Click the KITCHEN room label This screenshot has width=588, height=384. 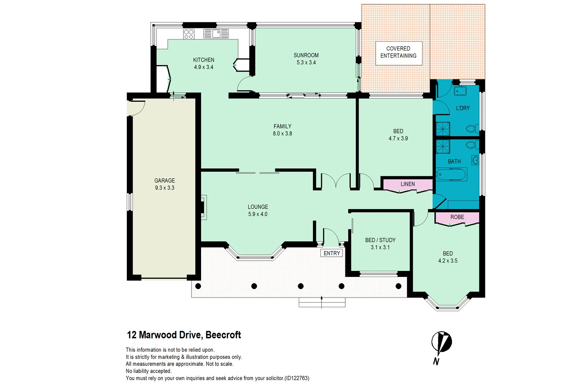[x=204, y=60]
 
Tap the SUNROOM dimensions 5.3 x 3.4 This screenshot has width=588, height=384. [x=306, y=63]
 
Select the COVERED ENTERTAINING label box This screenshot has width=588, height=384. [x=399, y=53]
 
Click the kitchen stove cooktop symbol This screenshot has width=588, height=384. [x=189, y=34]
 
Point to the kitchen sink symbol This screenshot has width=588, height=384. [x=216, y=34]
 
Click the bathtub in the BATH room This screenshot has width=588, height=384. [x=451, y=175]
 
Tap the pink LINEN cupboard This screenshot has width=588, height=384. [x=408, y=184]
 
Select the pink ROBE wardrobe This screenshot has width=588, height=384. [x=457, y=217]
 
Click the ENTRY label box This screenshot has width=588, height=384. [x=332, y=253]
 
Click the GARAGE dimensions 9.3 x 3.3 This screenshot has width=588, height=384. [x=164, y=188]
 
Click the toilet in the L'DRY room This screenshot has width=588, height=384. [x=472, y=128]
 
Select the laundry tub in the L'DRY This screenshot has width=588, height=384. [x=460, y=91]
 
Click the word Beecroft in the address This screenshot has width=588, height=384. [x=223, y=335]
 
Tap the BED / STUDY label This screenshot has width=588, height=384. [x=380, y=240]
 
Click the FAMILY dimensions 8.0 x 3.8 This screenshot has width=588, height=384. [x=282, y=134]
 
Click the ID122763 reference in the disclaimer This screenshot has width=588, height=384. [x=296, y=378]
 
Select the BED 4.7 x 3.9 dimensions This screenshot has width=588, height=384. [x=398, y=139]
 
